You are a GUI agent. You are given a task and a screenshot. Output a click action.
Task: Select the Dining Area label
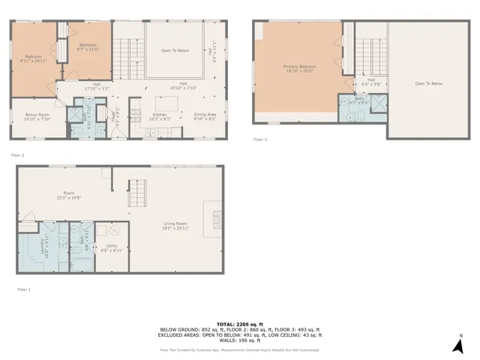tap(205, 116)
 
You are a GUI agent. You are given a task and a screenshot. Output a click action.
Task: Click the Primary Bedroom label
tap(299, 69)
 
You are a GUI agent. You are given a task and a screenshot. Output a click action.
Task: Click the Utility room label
tap(112, 247)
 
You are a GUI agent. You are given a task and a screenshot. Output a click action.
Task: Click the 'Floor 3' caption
tap(259, 139)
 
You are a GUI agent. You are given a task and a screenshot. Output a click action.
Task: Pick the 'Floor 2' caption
tap(18, 154)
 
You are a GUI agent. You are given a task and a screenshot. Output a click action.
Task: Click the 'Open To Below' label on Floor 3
tap(429, 83)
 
